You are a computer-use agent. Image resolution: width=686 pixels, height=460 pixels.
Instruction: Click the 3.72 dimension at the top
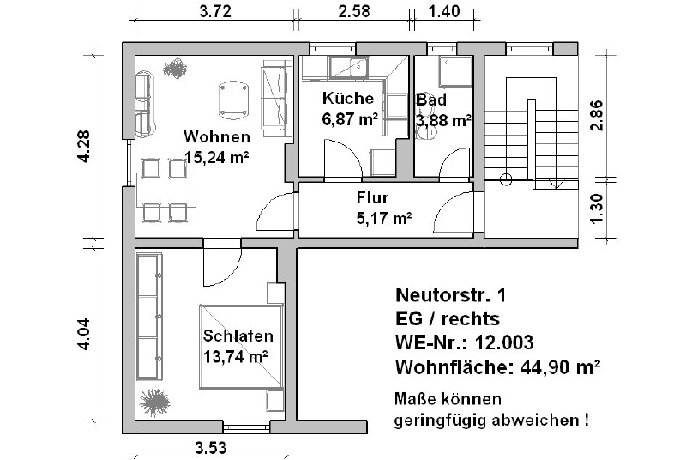click(215, 11)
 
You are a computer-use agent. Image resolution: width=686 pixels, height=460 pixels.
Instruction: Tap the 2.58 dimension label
click(354, 11)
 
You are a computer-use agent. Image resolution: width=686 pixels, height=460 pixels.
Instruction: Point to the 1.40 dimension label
click(444, 11)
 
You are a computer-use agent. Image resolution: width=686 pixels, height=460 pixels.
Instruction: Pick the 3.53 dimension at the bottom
click(211, 448)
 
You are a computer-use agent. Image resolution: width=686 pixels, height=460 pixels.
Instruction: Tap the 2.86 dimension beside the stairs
click(596, 116)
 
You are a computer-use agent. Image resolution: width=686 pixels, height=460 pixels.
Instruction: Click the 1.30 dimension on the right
click(596, 209)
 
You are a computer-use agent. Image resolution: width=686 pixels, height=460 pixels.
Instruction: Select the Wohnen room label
click(217, 136)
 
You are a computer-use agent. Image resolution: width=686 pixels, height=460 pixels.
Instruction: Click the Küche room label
click(348, 98)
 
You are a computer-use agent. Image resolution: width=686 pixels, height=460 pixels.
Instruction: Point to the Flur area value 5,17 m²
click(384, 217)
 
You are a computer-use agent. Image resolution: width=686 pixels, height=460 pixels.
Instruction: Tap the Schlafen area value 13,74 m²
click(236, 357)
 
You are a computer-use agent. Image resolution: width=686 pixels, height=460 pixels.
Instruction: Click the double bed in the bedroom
click(241, 347)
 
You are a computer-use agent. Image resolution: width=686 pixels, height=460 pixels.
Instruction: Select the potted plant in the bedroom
click(154, 401)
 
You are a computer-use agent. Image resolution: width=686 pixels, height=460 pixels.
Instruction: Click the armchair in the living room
click(233, 100)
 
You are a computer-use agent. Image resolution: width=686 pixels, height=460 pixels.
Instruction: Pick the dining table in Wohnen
click(166, 190)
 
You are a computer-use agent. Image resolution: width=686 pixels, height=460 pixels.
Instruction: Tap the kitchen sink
click(348, 67)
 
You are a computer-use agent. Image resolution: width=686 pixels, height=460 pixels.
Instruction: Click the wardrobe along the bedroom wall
click(149, 316)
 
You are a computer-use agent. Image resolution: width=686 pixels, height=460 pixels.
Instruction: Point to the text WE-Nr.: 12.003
click(464, 342)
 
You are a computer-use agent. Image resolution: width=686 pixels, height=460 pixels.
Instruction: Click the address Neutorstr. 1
click(451, 295)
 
